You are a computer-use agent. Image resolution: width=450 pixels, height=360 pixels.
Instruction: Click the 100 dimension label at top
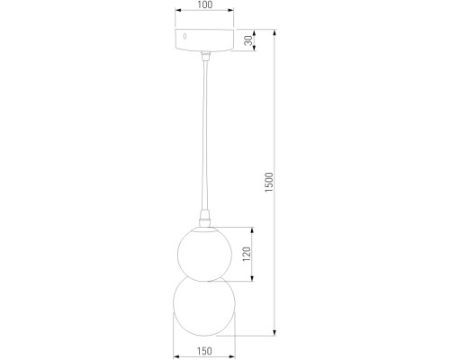click(205, 4)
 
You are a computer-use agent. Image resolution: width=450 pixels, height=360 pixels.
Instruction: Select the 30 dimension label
click(248, 40)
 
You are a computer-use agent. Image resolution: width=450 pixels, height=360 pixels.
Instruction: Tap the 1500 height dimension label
click(269, 183)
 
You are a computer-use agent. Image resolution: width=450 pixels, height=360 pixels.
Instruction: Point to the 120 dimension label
click(247, 254)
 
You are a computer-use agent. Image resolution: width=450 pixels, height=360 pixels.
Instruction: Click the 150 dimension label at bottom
click(204, 350)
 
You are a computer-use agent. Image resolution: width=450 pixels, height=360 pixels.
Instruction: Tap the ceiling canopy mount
click(205, 40)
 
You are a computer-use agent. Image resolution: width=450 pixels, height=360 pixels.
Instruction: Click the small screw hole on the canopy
click(184, 37)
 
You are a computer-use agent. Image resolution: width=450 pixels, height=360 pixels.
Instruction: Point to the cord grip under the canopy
click(205, 56)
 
